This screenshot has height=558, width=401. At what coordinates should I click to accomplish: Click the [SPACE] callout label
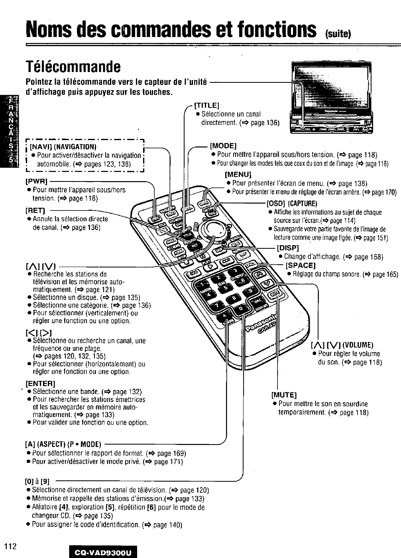(x=301, y=265)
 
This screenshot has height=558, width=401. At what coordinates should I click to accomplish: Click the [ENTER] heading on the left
(x=40, y=384)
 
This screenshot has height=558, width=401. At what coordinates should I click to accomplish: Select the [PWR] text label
(x=36, y=181)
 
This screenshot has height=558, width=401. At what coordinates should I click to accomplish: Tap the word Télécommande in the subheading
(x=73, y=67)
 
